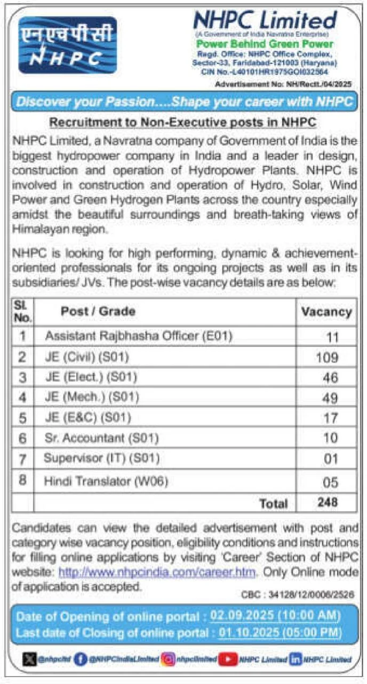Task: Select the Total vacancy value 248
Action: pos(326,502)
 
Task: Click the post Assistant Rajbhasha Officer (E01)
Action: pos(139,336)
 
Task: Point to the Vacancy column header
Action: pos(326,312)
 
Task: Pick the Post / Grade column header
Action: pos(98,311)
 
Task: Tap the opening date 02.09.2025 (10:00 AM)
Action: pos(275,616)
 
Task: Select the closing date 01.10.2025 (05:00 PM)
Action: pos(280,633)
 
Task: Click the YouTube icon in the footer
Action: pos(228,659)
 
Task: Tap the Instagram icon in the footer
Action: pos(169,659)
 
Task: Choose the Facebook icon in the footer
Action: pos(81,659)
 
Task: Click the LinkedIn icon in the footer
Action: pos(295,659)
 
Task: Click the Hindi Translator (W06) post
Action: pos(106,481)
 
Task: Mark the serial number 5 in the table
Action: pos(22,418)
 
